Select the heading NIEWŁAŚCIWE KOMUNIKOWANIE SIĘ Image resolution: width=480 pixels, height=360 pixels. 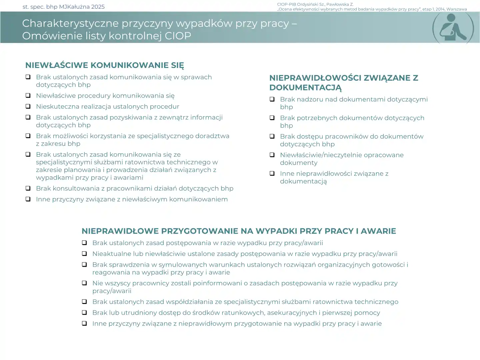pyautogui.click(x=104, y=65)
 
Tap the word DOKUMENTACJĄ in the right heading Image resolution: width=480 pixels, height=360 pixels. pyautogui.click(x=305, y=88)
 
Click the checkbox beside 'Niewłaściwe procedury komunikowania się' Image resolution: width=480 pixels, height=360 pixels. pyautogui.click(x=28, y=96)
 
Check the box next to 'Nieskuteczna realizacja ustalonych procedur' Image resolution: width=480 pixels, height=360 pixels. pyautogui.click(x=28, y=107)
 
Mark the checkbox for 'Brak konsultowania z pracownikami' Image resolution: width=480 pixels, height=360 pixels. pyautogui.click(x=28, y=188)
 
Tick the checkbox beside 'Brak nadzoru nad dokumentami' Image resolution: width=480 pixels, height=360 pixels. pyautogui.click(x=272, y=99)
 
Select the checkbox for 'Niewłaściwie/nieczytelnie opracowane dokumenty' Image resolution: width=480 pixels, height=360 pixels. pyautogui.click(x=272, y=155)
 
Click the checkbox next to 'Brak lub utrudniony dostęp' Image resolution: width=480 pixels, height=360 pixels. pyautogui.click(x=85, y=313)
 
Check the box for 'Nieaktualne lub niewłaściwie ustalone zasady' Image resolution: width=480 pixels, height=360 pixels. pyautogui.click(x=85, y=254)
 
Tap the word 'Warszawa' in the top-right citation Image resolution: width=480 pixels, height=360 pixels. pyautogui.click(x=456, y=9)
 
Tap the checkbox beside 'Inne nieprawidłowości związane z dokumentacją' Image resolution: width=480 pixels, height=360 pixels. pyautogui.click(x=272, y=174)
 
